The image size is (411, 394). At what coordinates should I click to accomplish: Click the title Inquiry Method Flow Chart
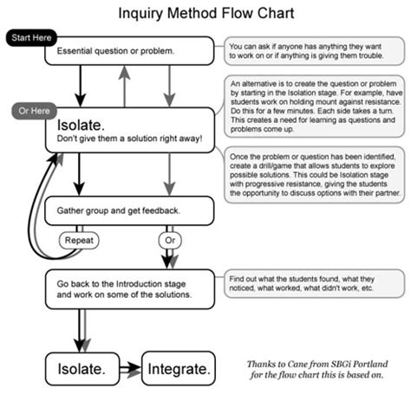pos(205,15)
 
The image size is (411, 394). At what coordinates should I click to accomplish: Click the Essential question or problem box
pos(127,51)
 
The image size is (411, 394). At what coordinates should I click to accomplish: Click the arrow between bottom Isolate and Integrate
pos(130,369)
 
